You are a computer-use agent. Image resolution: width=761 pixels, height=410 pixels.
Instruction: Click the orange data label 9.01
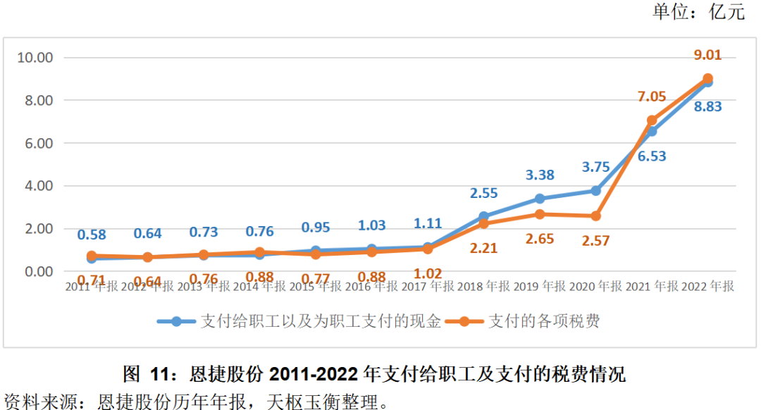pos(707,56)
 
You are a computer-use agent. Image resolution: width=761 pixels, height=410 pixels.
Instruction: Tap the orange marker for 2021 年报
pos(652,120)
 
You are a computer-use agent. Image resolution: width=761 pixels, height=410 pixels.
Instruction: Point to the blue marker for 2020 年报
pos(595,191)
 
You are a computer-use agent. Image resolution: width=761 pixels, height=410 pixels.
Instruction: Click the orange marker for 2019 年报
pos(539,214)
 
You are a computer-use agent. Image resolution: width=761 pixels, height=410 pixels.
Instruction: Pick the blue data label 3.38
pos(539,175)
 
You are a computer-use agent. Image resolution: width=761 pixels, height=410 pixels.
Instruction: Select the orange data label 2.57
pos(595,242)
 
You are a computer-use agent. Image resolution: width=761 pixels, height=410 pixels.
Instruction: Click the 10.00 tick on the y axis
pos(36,58)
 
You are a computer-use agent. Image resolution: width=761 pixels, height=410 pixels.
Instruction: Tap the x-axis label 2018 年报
pos(483,287)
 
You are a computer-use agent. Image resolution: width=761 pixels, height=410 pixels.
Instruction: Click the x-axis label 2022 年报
pos(707,287)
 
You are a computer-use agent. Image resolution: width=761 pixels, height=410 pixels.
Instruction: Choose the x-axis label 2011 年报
pos(92,287)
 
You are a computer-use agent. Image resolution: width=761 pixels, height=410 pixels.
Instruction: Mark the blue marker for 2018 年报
pos(483,217)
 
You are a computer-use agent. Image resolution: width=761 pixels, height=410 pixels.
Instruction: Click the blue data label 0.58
pos(92,234)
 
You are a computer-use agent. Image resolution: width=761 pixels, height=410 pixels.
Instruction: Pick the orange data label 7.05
pos(652,97)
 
